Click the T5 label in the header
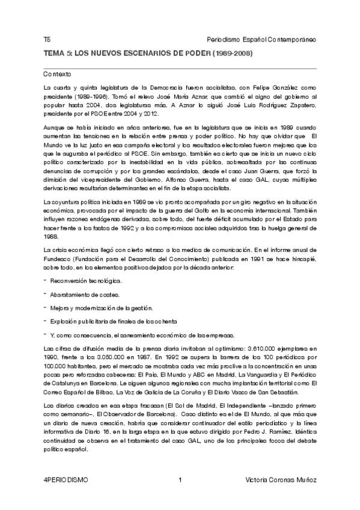click(47, 39)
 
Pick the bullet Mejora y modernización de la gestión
click(97, 308)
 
